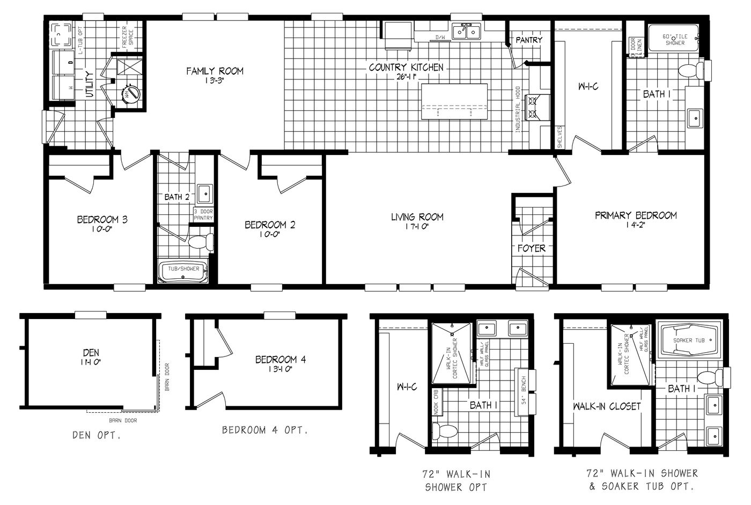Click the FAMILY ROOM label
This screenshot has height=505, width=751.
click(x=215, y=71)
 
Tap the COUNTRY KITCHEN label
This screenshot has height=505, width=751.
click(x=406, y=68)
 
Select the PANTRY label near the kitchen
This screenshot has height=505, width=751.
click(x=529, y=40)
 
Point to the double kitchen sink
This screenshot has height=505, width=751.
click(x=466, y=32)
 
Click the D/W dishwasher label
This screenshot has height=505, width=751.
click(x=440, y=38)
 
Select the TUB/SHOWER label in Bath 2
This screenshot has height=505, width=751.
click(x=183, y=269)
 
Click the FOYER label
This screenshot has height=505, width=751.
click(x=531, y=248)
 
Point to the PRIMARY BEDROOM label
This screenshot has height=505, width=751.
click(x=636, y=216)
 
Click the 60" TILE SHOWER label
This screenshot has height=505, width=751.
click(x=674, y=39)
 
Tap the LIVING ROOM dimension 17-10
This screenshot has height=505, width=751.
click(x=417, y=226)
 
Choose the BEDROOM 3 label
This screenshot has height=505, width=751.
click(x=102, y=219)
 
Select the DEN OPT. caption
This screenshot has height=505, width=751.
click(x=97, y=435)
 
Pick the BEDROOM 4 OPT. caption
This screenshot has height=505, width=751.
click(x=265, y=430)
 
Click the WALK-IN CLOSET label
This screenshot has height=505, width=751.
click(x=606, y=406)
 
